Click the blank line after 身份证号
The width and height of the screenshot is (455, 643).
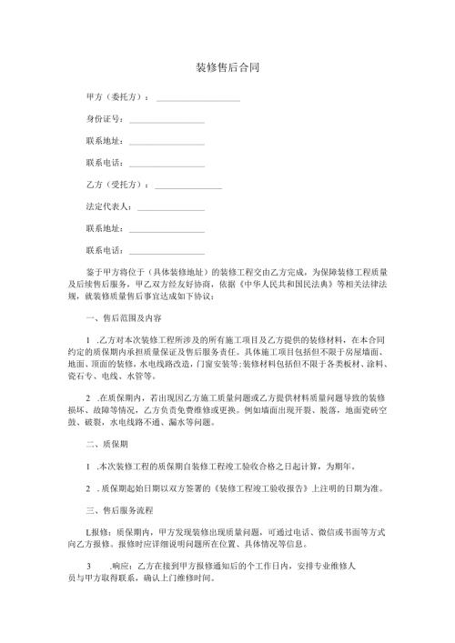click(167, 120)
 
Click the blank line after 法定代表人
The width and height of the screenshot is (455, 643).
click(169, 207)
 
